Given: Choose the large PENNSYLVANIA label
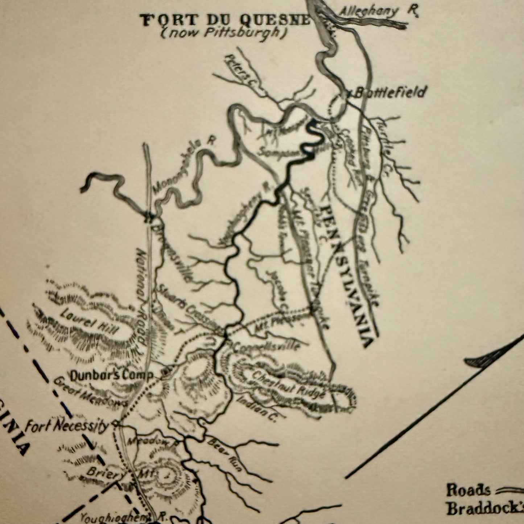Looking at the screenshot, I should pyautogui.click(x=346, y=274).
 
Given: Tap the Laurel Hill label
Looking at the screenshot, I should pyautogui.click(x=89, y=321).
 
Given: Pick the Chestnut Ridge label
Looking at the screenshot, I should pyautogui.click(x=286, y=384).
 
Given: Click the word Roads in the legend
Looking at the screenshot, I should pyautogui.click(x=468, y=490).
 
